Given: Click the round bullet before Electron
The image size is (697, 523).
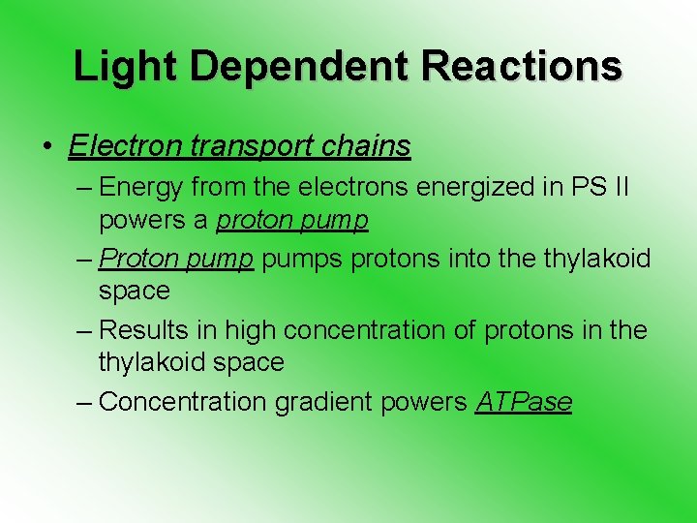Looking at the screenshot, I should [x=46, y=147].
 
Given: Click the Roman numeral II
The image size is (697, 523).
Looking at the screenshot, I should [x=621, y=186].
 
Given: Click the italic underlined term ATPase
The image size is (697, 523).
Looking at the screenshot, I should [x=524, y=401].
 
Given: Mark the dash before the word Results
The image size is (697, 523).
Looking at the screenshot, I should [x=85, y=329].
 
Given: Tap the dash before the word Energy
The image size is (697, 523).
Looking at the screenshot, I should [x=85, y=186].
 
